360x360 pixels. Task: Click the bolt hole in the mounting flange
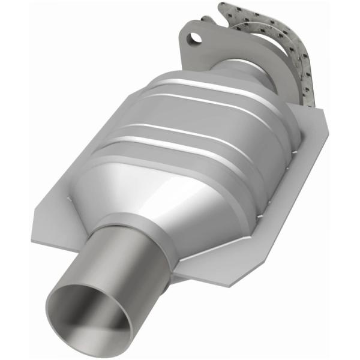(x=194, y=39)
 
